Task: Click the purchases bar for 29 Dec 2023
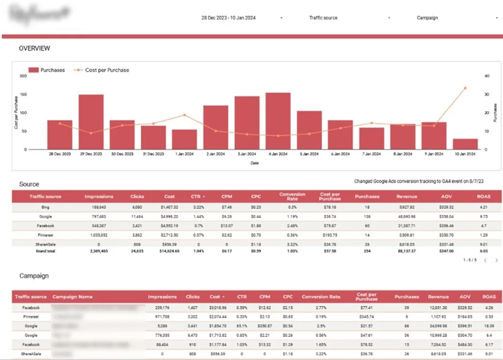91,122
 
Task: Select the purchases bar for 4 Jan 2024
278,121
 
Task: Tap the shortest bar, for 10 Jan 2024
465,144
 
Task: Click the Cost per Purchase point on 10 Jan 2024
465,88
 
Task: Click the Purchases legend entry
47,70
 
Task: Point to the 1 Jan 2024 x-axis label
185,154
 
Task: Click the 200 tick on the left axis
23,76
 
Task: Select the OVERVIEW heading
35,48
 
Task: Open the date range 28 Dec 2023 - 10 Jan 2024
228,18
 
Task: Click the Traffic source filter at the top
323,18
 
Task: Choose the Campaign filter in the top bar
427,18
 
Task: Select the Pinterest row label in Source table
46,235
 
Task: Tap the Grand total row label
46,251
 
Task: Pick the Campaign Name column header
72,297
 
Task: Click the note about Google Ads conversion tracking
422,182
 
